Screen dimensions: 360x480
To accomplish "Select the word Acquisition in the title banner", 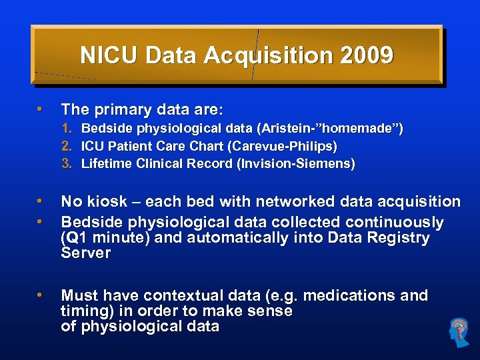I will (x=267, y=55).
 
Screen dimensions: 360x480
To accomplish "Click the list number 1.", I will (x=67, y=128).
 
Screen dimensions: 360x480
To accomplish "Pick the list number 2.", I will (x=67, y=145).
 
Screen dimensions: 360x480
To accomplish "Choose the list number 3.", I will (x=67, y=163).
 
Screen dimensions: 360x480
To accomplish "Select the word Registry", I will (x=397, y=238).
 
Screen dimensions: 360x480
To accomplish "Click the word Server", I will (x=85, y=253).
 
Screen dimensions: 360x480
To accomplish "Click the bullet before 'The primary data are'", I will (x=40, y=108).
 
